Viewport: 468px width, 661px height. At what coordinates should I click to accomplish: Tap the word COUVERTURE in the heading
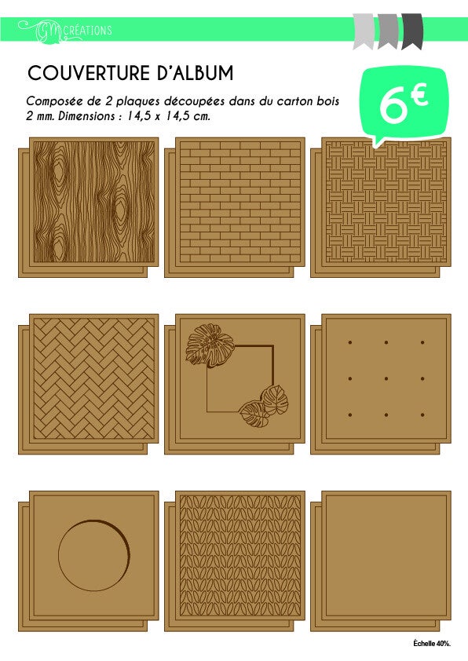[x=89, y=73]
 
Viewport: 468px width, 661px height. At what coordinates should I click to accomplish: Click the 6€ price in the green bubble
[x=403, y=104]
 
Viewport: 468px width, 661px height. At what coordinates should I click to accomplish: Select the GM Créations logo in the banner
[x=65, y=31]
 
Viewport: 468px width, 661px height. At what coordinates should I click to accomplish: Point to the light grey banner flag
[x=363, y=31]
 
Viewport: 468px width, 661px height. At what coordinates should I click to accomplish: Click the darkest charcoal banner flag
[x=412, y=31]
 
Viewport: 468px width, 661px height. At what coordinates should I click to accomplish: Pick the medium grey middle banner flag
[x=388, y=31]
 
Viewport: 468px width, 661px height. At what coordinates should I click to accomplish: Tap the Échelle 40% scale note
[x=432, y=643]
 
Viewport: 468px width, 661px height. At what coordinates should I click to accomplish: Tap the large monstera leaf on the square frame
[x=210, y=345]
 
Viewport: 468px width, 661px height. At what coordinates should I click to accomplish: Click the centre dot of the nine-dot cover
[x=386, y=378]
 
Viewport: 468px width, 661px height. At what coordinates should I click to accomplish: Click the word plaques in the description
[x=137, y=101]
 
